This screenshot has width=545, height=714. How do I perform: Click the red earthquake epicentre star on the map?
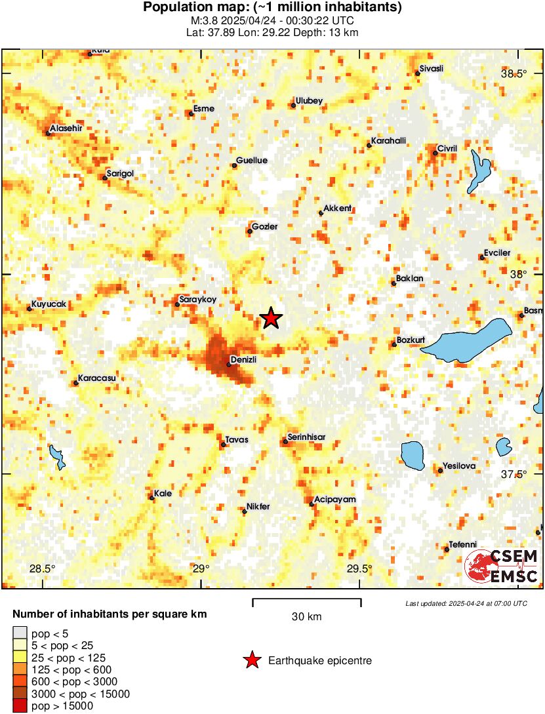pos(271,319)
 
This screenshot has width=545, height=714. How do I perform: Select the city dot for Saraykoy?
pos(177,304)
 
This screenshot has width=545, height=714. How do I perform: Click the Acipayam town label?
pos(334,499)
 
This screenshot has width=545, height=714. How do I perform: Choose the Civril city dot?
pos(435,153)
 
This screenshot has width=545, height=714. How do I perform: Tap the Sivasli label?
pos(432,69)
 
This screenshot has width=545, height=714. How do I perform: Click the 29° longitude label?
pos(202,568)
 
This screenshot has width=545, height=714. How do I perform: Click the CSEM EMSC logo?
pos(502,567)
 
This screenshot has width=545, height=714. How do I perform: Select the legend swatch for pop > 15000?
pos(20,705)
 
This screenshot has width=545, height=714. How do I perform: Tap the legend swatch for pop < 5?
pos(20,633)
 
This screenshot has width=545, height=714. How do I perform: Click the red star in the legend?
pos(251,661)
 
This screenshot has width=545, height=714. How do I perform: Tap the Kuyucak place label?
pos(49,304)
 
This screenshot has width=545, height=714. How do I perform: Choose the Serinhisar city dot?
pos(285,442)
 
